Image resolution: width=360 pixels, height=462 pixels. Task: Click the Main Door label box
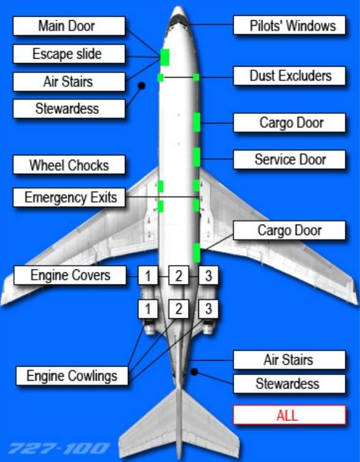click(69, 26)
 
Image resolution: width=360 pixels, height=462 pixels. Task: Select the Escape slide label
click(69, 54)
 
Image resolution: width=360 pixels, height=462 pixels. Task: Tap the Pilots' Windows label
click(289, 25)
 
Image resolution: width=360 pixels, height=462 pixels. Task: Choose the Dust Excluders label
click(289, 76)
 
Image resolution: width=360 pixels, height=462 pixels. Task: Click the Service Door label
click(289, 159)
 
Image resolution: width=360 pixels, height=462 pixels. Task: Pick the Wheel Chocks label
click(69, 165)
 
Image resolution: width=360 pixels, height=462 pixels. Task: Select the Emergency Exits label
click(69, 197)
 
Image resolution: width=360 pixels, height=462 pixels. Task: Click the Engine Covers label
click(70, 275)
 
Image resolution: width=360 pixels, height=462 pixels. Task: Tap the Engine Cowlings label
click(72, 376)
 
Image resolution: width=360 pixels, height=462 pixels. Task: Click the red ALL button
click(289, 415)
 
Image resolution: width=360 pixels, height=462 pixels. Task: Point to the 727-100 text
click(59, 449)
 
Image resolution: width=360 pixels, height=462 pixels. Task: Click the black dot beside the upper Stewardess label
click(141, 86)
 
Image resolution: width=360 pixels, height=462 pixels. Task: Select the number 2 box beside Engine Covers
click(179, 275)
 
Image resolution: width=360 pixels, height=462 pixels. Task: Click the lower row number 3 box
click(208, 309)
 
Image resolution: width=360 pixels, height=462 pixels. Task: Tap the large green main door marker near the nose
click(165, 58)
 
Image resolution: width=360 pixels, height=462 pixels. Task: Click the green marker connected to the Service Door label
click(197, 157)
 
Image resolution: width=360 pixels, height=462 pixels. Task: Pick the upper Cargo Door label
click(289, 122)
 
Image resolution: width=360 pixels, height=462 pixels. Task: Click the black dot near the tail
click(194, 372)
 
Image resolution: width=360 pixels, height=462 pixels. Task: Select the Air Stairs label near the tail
click(289, 360)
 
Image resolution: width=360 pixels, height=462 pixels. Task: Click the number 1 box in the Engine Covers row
click(148, 275)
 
